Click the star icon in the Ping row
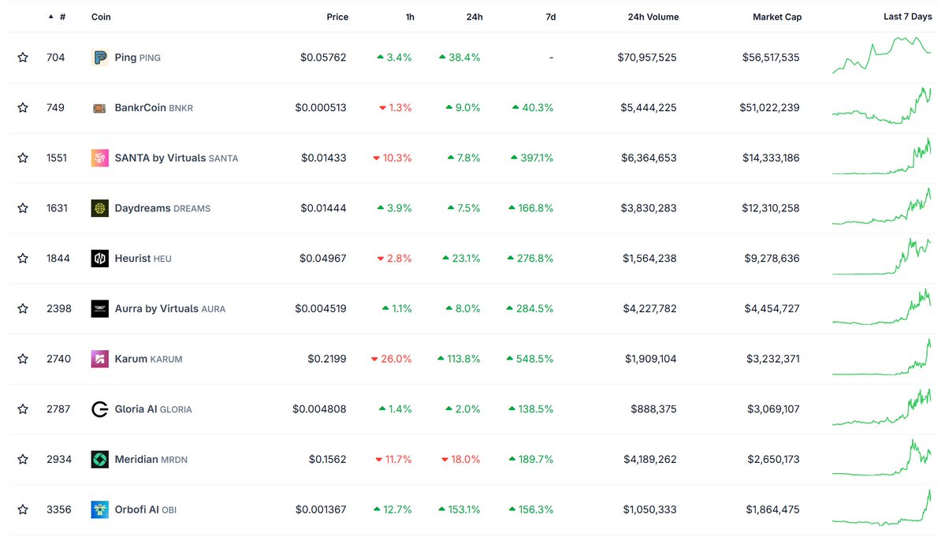(23, 58)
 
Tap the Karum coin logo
(99, 359)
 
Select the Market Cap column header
(776, 17)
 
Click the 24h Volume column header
(653, 17)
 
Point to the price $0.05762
(323, 58)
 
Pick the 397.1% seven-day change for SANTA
(532, 158)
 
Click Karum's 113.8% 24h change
(459, 359)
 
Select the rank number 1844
(57, 258)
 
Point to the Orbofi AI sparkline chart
(881, 509)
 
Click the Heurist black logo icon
(99, 258)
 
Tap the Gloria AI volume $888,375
(653, 409)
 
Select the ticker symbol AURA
(214, 309)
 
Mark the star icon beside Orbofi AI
(23, 509)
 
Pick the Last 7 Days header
(907, 17)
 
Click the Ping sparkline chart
(881, 55)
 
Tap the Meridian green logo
(99, 459)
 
